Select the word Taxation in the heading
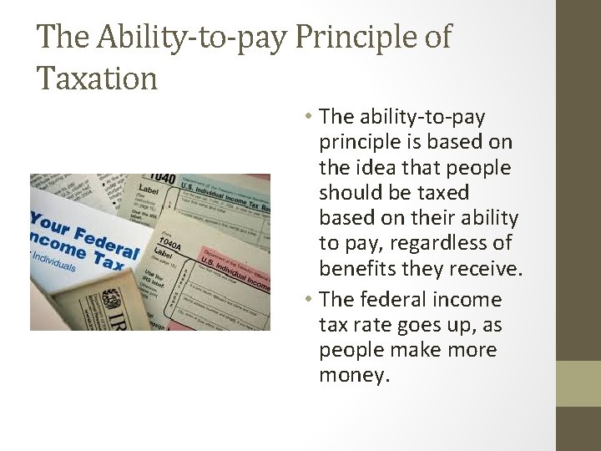pos(98,79)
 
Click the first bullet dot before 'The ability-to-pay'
pos(308,117)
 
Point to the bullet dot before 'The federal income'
pos(308,300)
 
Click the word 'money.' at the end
pos(354,375)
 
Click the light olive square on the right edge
pos(578,383)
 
